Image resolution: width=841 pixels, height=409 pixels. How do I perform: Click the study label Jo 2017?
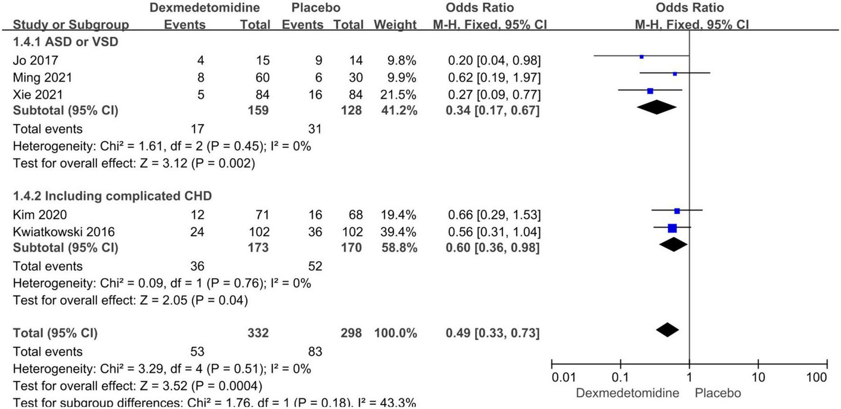coord(36,60)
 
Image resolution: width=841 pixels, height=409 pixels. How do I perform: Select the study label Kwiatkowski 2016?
coord(64,232)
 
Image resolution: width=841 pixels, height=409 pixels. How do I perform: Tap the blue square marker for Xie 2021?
coord(650,91)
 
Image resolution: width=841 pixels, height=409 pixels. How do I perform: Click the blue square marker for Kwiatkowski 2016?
coord(672,228)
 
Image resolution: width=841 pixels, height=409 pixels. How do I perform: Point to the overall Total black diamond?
coord(667,330)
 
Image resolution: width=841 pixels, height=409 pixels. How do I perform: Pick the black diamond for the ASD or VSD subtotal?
coord(657,107)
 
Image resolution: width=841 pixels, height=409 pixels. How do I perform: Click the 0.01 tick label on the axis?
coord(563,378)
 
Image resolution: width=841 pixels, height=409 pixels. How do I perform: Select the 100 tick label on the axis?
coord(816,378)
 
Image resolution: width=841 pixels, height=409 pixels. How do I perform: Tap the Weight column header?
coord(395,25)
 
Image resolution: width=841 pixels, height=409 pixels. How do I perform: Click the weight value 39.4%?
coord(398,232)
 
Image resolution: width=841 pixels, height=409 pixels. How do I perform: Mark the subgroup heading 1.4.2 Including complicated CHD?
coord(112,196)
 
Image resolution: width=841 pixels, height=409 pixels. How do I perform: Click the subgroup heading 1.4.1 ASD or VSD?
coord(65,42)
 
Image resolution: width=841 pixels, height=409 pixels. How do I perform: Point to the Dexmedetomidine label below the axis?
coord(627,393)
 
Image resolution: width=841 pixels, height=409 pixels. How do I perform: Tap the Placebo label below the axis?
coord(718,393)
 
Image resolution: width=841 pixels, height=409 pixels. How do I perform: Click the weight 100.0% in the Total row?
coord(395,333)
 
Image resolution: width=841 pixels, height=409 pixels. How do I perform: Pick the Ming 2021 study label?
coord(42,77)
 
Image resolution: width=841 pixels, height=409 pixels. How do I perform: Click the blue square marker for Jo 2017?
coord(642,56)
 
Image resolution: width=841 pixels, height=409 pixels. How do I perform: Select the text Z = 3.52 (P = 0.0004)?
coord(201,386)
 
